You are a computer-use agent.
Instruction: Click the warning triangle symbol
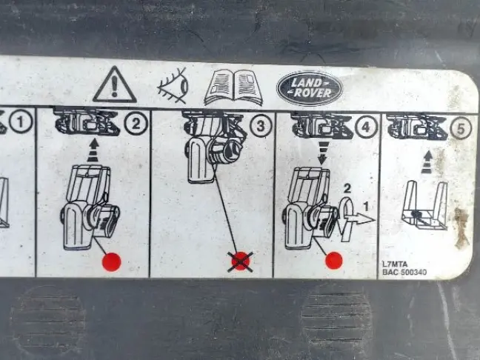click(x=115, y=85)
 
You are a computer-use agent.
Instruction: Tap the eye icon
click(x=173, y=86)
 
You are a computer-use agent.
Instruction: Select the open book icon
click(x=233, y=87)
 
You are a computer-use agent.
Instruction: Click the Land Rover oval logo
click(x=310, y=88)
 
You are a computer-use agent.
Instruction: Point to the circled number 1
click(x=21, y=121)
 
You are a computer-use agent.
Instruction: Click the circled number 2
click(x=136, y=124)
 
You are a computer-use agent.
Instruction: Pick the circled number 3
click(x=261, y=125)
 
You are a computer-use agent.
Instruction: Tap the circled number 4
click(x=366, y=127)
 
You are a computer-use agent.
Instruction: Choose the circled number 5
click(x=461, y=128)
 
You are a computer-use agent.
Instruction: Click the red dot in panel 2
click(x=112, y=262)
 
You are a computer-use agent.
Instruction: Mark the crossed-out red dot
click(x=241, y=261)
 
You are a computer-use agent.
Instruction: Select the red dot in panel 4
click(x=333, y=261)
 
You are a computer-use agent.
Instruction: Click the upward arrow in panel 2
click(x=93, y=150)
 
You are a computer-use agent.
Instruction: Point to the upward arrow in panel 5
click(x=427, y=161)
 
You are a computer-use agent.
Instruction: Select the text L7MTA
click(x=395, y=264)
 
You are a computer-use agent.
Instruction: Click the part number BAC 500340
click(x=404, y=272)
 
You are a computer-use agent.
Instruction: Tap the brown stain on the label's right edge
click(x=461, y=227)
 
